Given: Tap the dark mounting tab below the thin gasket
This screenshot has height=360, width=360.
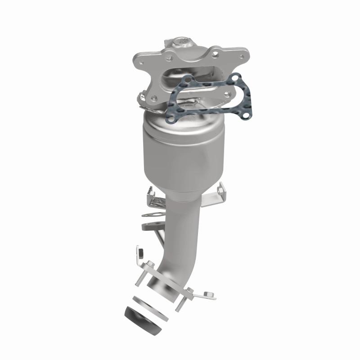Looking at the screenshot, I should pyautogui.click(x=149, y=225).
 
